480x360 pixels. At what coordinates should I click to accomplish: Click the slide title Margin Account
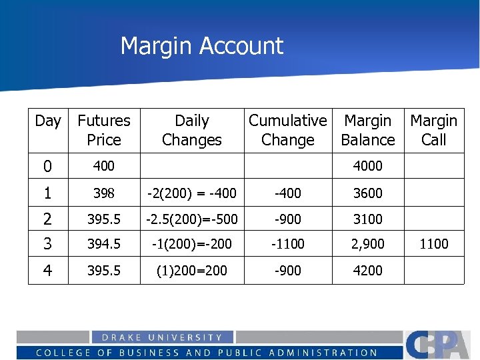click(202, 46)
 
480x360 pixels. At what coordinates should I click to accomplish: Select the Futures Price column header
click(104, 130)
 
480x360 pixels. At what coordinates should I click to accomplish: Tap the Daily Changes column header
click(191, 130)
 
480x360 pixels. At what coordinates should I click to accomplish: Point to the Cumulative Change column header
click(287, 130)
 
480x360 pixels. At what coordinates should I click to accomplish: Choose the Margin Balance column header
click(367, 130)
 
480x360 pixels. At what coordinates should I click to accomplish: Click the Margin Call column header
click(433, 130)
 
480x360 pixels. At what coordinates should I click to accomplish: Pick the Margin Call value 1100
click(433, 244)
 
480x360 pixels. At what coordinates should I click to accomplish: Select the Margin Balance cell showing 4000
click(367, 166)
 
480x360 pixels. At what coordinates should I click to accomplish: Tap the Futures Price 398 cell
click(104, 193)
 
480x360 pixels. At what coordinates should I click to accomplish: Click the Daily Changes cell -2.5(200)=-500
click(191, 219)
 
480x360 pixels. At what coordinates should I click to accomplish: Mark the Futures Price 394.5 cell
click(104, 244)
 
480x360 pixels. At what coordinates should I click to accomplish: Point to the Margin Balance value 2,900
click(367, 244)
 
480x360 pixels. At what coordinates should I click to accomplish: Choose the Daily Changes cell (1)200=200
click(191, 270)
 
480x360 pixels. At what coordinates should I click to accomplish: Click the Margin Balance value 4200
click(367, 270)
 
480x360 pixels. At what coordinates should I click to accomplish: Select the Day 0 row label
click(47, 166)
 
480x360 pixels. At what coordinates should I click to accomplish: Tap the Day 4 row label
click(47, 270)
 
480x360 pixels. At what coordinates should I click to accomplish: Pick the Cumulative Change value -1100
click(287, 244)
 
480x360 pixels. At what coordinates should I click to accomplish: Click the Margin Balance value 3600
click(367, 193)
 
